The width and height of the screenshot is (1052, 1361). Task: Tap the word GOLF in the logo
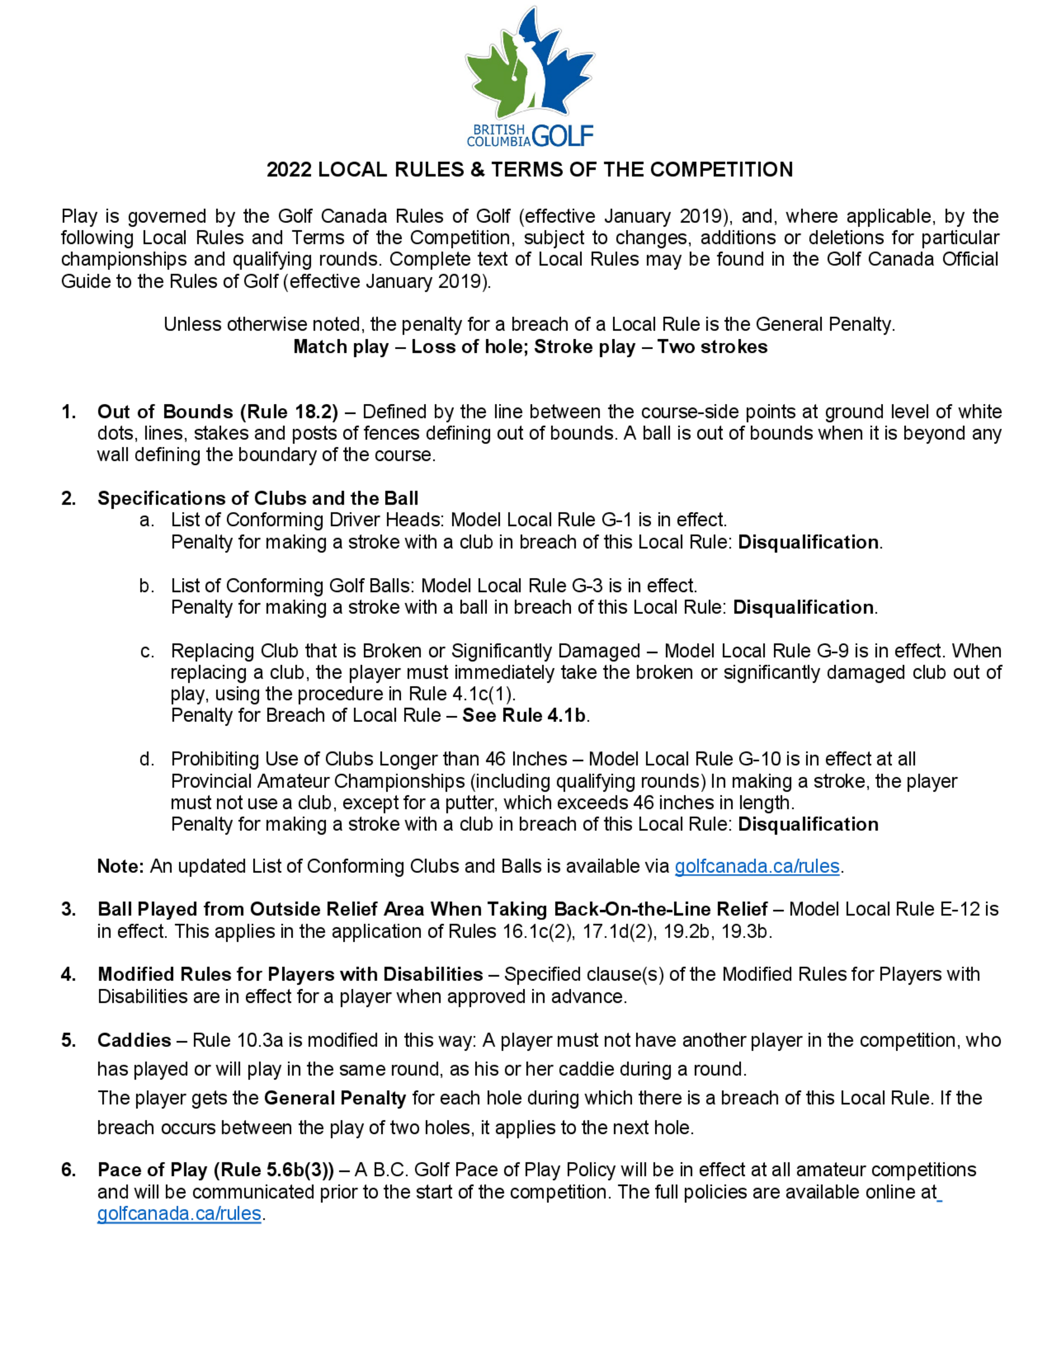(x=563, y=135)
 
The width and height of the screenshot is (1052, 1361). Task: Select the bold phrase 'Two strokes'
(x=712, y=347)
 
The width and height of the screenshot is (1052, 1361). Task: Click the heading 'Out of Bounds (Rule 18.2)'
(x=218, y=412)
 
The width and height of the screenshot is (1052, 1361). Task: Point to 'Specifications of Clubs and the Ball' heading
(x=257, y=498)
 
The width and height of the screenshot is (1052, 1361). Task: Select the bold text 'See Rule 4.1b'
(x=523, y=715)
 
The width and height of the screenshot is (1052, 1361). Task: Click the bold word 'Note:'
(x=121, y=866)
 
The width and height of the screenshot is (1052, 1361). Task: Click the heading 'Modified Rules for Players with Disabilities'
(x=290, y=974)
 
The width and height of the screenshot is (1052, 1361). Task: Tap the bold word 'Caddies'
(x=134, y=1040)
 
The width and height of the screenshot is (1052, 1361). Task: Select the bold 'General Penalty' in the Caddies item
(x=335, y=1098)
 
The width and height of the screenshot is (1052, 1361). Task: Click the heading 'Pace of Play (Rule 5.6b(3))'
(x=216, y=1170)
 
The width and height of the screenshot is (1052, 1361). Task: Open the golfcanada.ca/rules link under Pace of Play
(x=179, y=1213)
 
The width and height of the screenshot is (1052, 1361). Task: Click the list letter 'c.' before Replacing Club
(x=147, y=651)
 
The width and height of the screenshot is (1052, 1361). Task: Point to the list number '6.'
(x=68, y=1170)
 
